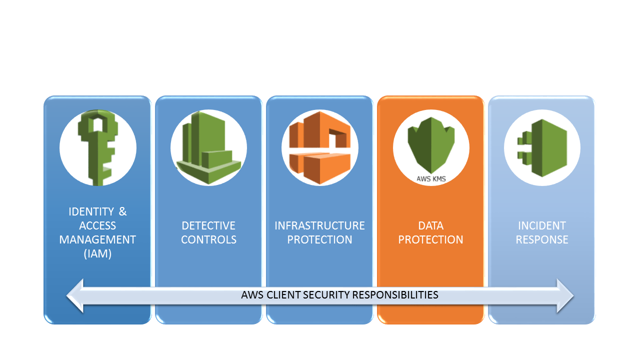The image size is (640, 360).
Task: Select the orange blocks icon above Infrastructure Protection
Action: point(319,148)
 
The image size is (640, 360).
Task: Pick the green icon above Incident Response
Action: point(542,148)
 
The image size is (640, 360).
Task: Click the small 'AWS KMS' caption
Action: point(430,177)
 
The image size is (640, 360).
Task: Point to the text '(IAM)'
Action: point(97,253)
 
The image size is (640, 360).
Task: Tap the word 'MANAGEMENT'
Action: point(97,239)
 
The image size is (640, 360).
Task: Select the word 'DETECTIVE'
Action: point(208,225)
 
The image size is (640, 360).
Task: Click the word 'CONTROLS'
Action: point(208,239)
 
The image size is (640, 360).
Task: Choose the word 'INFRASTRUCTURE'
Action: point(319,225)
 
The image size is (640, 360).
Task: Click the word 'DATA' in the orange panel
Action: point(430,225)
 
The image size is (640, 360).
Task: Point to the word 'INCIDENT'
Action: point(542,225)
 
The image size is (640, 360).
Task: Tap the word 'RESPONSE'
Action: point(542,239)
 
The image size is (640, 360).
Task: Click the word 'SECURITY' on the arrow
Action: point(326,294)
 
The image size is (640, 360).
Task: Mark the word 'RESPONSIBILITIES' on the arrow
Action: point(395,294)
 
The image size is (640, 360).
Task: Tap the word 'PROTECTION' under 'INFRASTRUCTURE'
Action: point(319,239)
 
